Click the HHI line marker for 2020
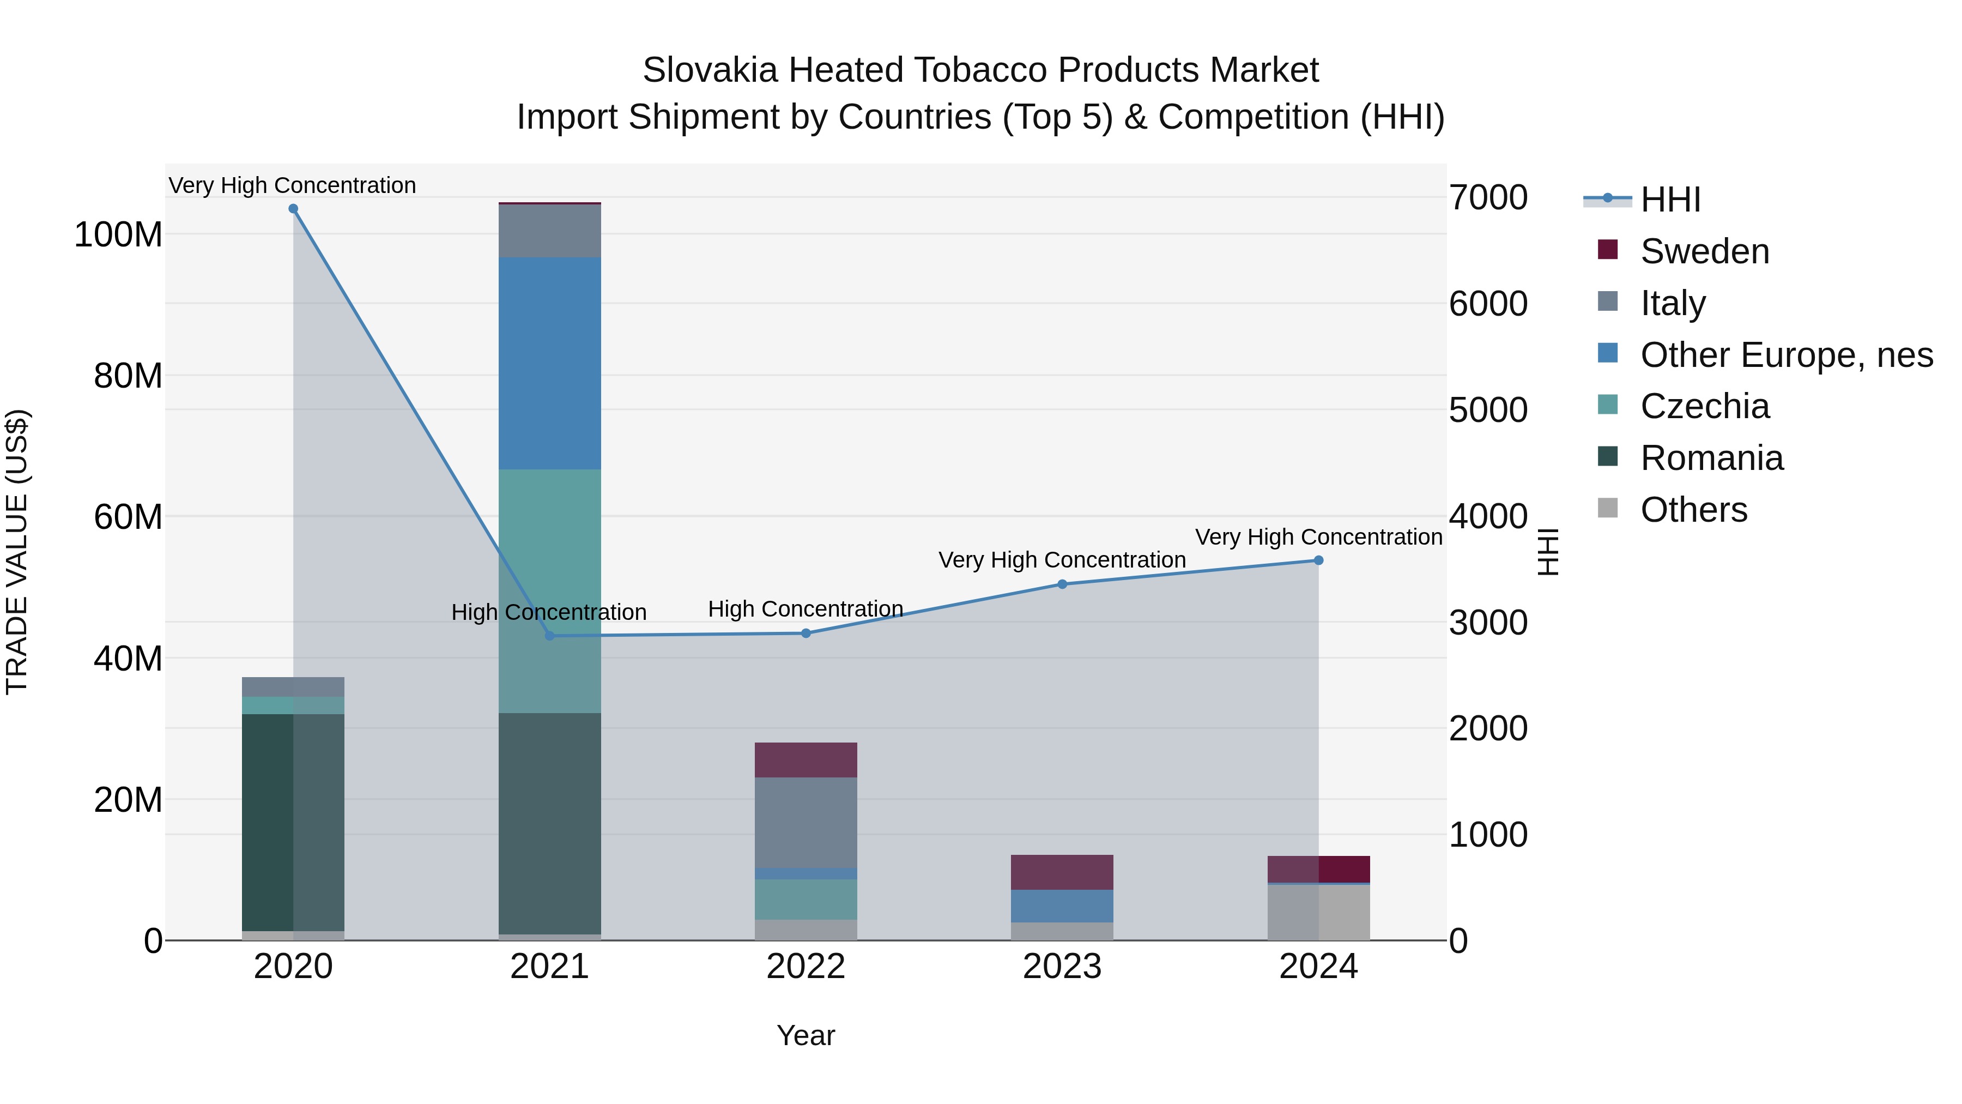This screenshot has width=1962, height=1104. tap(293, 209)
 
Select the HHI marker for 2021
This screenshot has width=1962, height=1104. tap(550, 636)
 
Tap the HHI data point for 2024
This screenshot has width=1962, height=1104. tap(1318, 561)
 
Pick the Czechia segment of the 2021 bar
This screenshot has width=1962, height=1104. tap(550, 590)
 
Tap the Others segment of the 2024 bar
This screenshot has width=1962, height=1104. tap(1318, 912)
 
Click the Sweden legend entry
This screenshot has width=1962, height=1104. tap(1703, 251)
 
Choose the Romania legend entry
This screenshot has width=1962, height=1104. tap(1711, 458)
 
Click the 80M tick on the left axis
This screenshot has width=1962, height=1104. tap(127, 376)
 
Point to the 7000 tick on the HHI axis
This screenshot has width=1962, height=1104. tap(1487, 198)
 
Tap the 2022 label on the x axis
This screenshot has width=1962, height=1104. tap(806, 967)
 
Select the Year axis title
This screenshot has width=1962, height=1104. tap(806, 1035)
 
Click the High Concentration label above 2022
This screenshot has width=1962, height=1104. tap(806, 609)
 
